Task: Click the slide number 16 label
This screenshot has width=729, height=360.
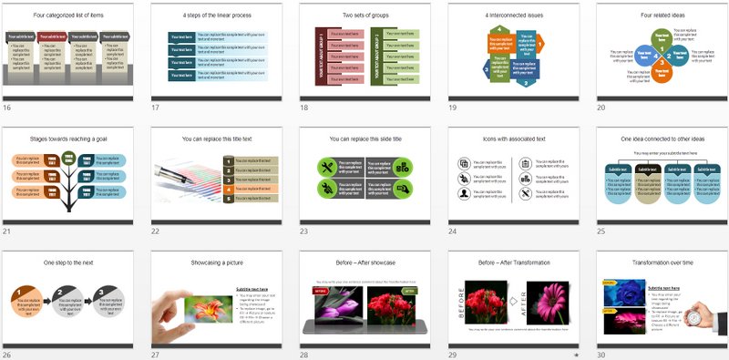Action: (x=7, y=108)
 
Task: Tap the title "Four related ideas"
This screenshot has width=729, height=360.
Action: (x=660, y=15)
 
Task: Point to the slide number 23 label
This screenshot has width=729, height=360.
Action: (x=305, y=231)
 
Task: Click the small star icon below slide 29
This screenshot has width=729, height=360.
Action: (x=576, y=354)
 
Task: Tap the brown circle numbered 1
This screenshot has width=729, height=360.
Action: (x=19, y=295)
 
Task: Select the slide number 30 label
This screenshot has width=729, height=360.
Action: (x=601, y=354)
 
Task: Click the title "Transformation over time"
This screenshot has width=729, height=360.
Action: (x=660, y=262)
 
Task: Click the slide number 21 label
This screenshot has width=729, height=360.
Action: (x=7, y=231)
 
